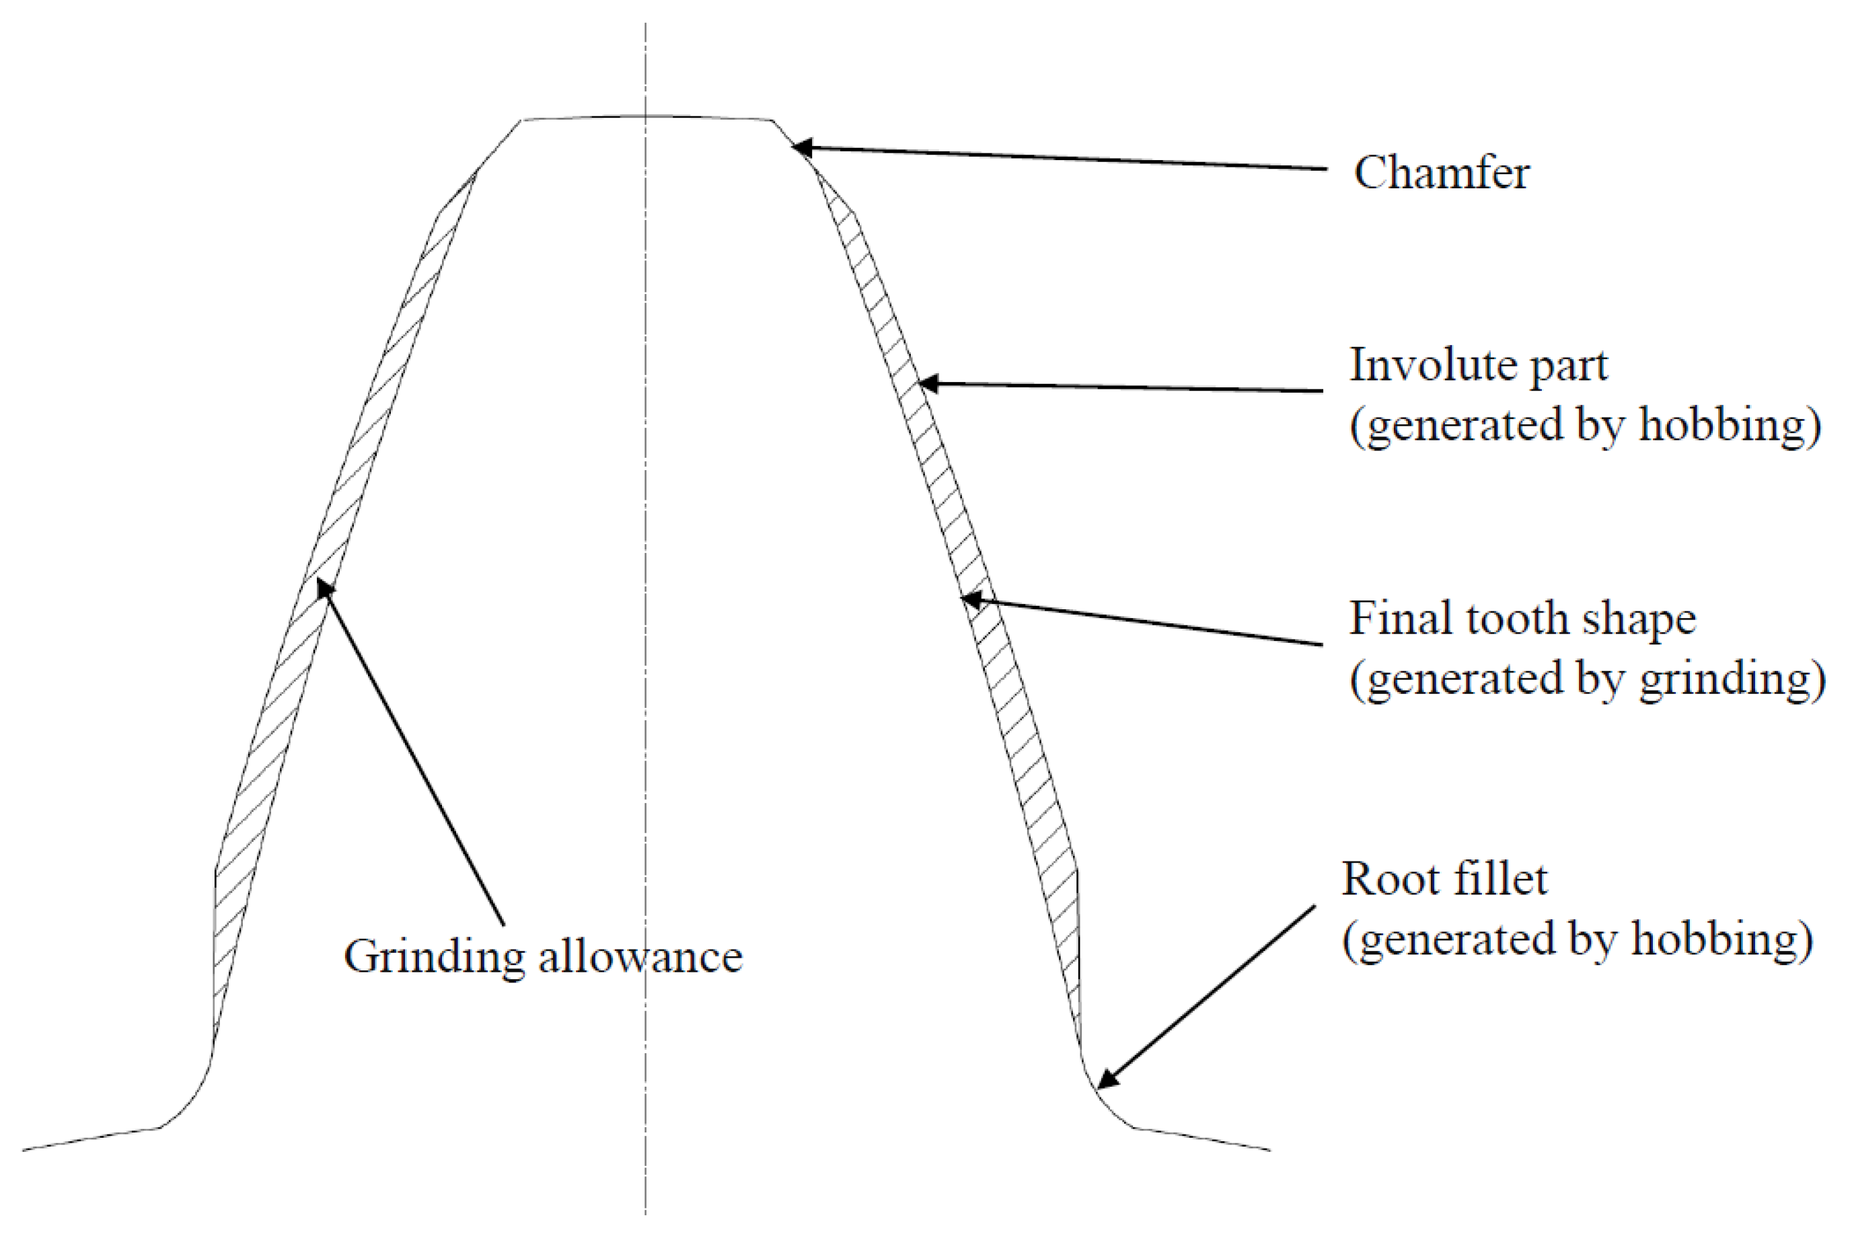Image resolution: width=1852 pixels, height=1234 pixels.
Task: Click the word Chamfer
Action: [1440, 172]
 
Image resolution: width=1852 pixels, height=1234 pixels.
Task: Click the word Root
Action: [1393, 879]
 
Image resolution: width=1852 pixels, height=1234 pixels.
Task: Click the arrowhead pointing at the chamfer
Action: [801, 147]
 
